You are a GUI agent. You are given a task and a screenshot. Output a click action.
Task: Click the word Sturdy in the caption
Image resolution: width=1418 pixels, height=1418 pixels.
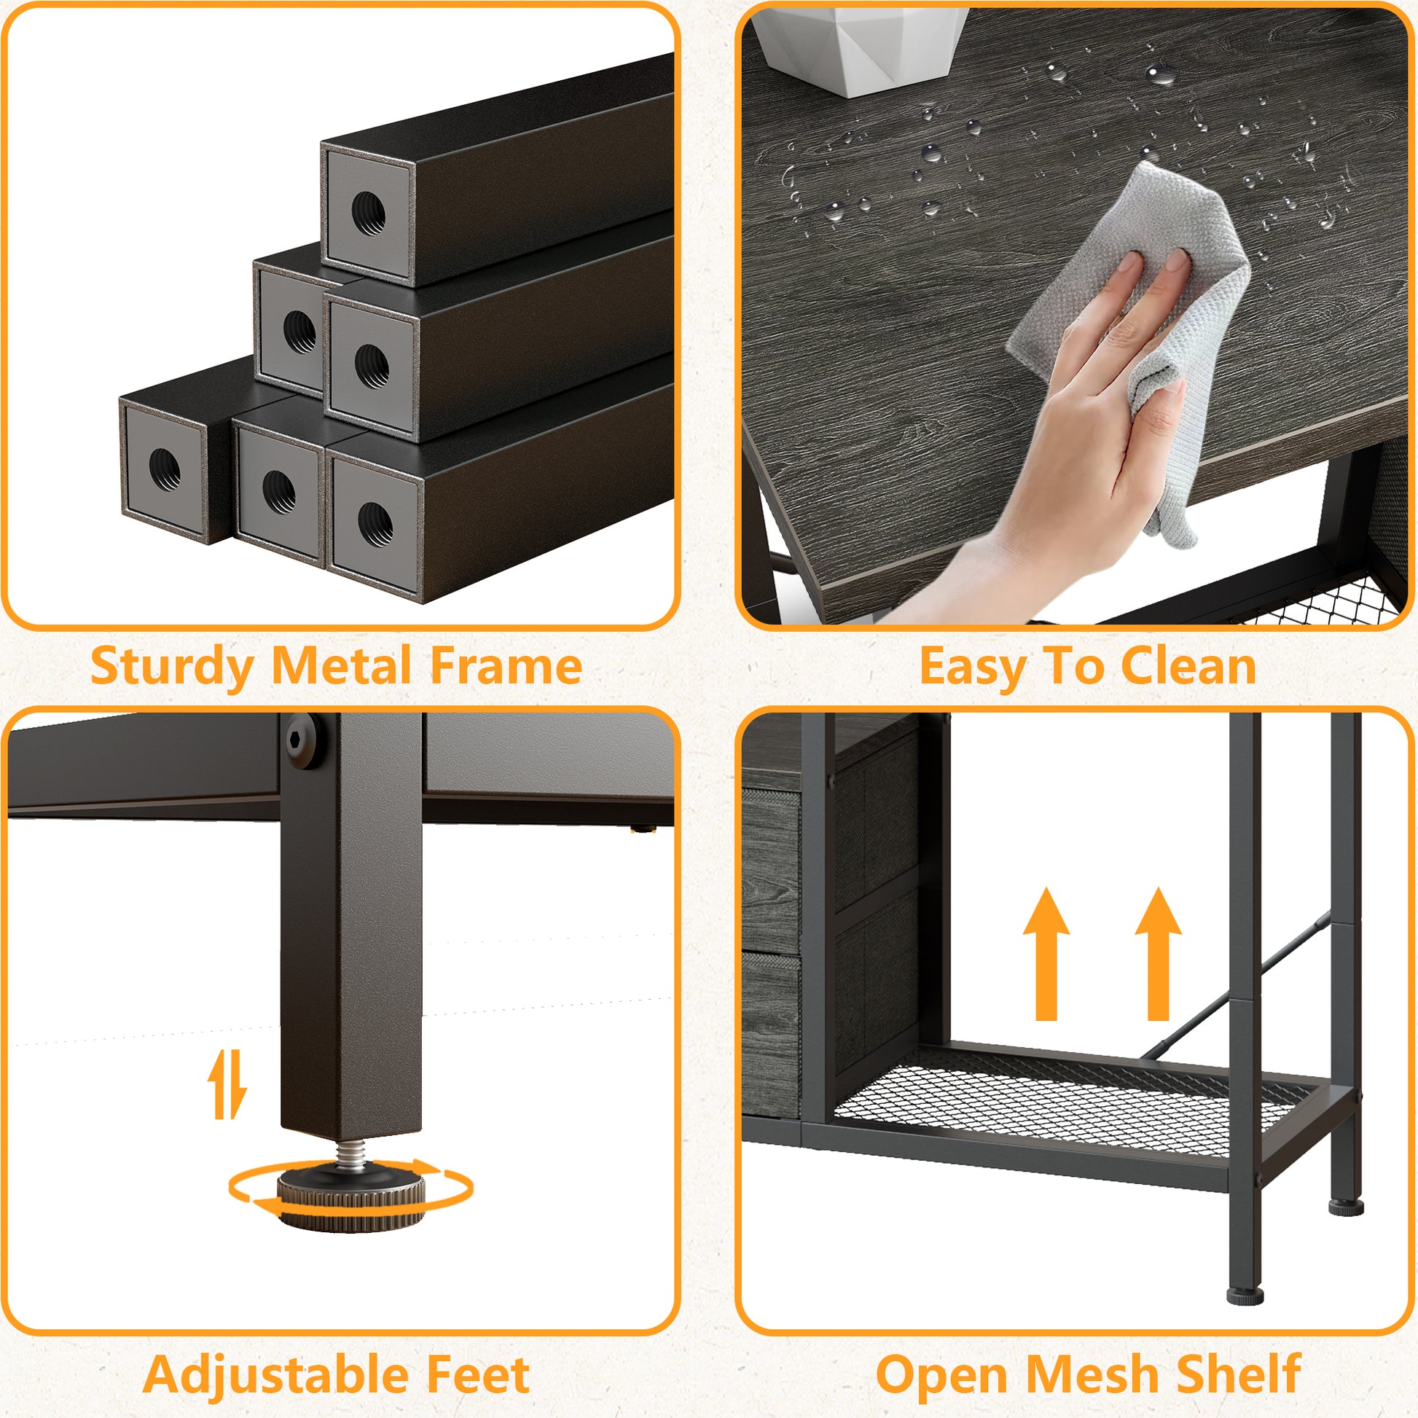click(x=173, y=667)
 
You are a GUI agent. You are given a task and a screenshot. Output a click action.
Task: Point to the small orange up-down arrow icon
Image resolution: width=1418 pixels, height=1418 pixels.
click(x=227, y=1083)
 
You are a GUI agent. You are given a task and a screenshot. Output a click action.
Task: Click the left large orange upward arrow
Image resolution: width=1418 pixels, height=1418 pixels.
click(x=1046, y=954)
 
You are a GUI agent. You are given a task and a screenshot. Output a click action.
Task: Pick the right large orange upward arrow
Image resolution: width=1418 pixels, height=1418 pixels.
click(x=1158, y=954)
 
